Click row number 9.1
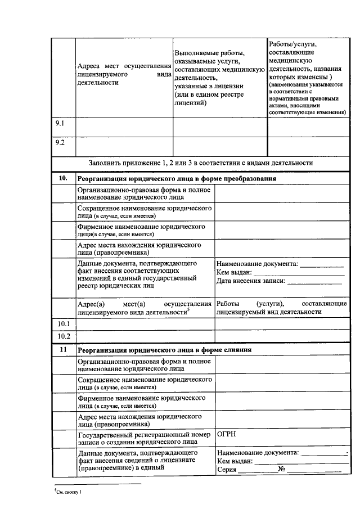pos(59,123)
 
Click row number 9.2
pos(59,142)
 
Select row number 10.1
pos(64,324)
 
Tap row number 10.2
pos(64,336)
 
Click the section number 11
pos(63,349)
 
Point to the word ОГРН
pos(227,435)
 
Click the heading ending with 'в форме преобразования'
pos(176,178)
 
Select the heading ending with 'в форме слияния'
pos(164,349)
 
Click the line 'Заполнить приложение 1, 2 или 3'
pos(200,163)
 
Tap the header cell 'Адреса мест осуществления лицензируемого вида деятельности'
pos(124,75)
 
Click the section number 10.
pos(63,178)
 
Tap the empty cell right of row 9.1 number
pos(123,126)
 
